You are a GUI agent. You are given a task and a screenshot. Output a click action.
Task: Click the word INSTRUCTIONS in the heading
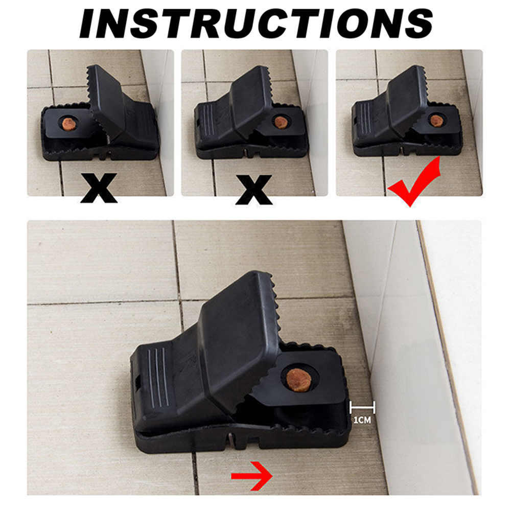[x=256, y=23]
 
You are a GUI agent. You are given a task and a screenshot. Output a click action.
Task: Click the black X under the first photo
[x=99, y=188]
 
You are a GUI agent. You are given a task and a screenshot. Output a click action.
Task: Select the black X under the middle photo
[x=254, y=190]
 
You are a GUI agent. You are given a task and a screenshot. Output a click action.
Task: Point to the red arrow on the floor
[x=251, y=476]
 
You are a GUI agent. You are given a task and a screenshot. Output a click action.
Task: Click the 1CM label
[x=362, y=420]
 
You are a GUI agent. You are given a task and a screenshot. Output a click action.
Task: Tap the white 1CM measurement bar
[x=362, y=407]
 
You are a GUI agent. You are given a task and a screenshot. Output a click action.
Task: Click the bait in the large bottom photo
[x=299, y=380]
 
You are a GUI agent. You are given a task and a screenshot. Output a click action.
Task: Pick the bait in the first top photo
[x=69, y=124]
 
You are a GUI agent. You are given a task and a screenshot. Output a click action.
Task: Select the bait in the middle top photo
[x=281, y=122]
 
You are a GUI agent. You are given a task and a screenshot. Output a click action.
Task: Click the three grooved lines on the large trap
[x=158, y=377]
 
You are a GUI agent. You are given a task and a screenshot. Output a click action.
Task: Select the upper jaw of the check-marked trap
[x=407, y=99]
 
